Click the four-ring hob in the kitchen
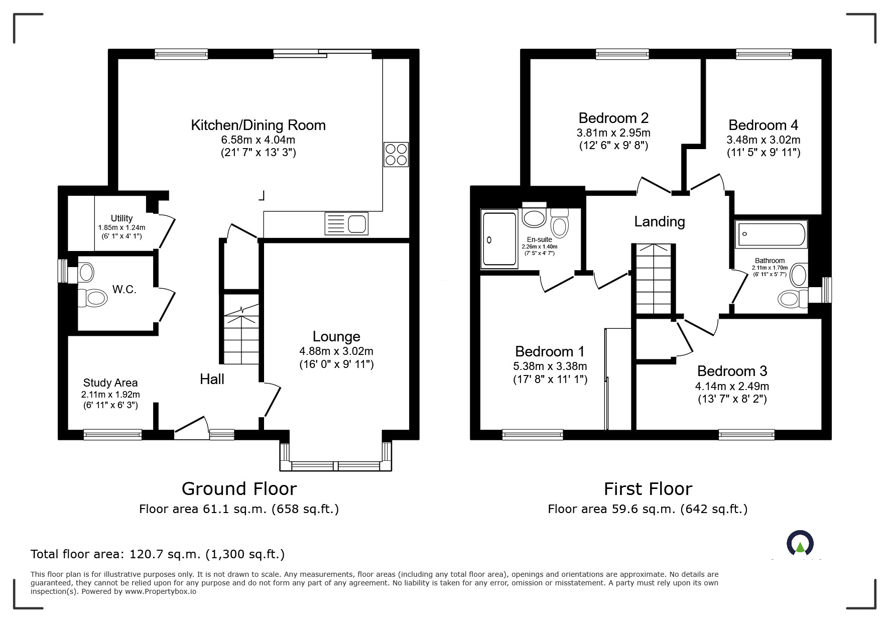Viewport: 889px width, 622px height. pos(396,154)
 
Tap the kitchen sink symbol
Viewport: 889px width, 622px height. pos(346,223)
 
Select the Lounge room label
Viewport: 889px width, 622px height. pos(336,336)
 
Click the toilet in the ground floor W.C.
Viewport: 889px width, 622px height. pos(93,298)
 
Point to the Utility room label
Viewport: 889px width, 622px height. pos(121,218)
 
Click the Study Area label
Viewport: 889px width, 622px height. pos(110,383)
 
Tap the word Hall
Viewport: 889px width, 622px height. pos(212,379)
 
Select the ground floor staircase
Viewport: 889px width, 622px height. pos(241,329)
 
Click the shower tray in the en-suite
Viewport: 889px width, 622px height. pos(499,239)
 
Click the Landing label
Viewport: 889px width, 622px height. pos(660,221)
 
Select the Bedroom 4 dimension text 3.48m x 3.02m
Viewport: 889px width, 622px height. pos(764,140)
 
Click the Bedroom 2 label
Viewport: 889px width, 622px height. pos(613,118)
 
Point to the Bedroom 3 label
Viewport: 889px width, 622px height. pos(732,371)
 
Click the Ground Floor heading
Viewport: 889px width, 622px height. pos(239,488)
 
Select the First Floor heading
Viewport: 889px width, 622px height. pos(648,488)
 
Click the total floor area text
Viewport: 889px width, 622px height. pos(158,554)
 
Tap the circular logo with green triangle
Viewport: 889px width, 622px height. pos(800,543)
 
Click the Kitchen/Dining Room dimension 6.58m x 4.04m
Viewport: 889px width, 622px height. pos(259,140)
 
